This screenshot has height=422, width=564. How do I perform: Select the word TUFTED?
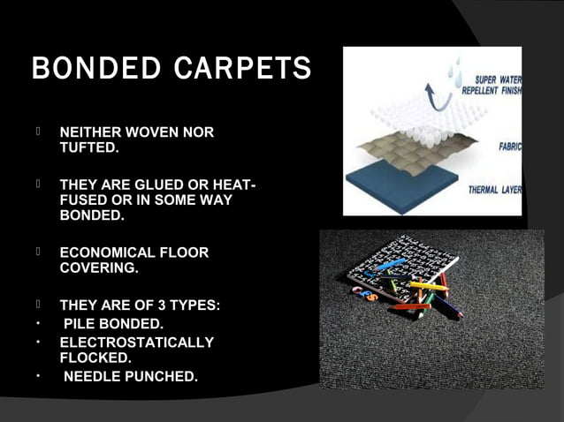tap(87, 148)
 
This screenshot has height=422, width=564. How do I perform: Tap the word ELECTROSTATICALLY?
tap(136, 343)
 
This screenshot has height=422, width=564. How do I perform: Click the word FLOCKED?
tap(94, 358)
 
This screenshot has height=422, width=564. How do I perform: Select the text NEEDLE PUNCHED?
tap(131, 378)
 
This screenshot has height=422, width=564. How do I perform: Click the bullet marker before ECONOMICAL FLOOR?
tap(40, 252)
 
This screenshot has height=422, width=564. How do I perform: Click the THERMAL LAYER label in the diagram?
tap(493, 190)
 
